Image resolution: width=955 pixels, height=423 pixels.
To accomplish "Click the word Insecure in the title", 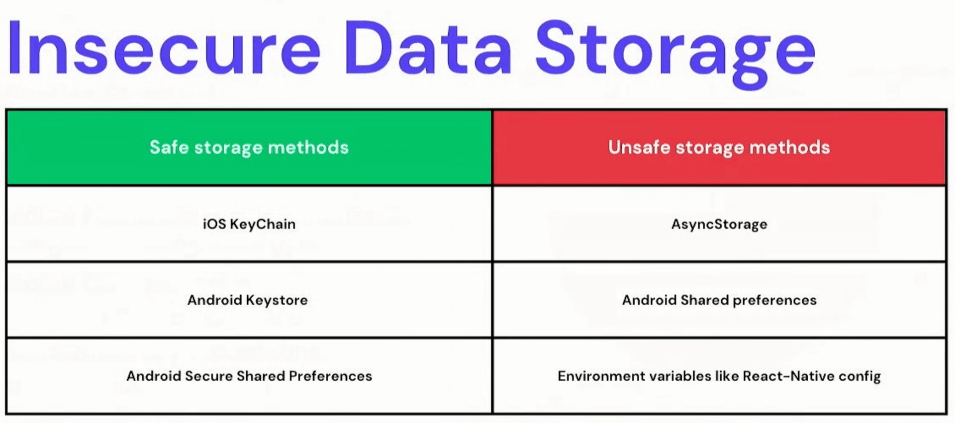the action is pyautogui.click(x=164, y=48).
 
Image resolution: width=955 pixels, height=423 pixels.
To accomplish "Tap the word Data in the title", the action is pyautogui.click(x=428, y=48).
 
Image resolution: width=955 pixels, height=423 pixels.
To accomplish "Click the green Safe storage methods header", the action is pyautogui.click(x=249, y=148).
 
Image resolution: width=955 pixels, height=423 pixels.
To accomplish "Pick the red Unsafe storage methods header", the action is pyautogui.click(x=719, y=148).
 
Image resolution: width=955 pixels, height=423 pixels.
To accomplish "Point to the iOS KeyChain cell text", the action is pyautogui.click(x=249, y=225).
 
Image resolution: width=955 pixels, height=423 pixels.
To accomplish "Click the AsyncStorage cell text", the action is pyautogui.click(x=719, y=225).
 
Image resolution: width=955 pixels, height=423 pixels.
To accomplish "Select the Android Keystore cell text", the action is pyautogui.click(x=248, y=300).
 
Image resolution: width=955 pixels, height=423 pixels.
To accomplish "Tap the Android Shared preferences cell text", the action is pyautogui.click(x=719, y=300).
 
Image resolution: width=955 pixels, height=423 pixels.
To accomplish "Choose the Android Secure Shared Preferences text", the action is pyautogui.click(x=249, y=376).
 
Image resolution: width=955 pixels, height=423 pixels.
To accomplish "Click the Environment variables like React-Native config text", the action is pyautogui.click(x=719, y=376).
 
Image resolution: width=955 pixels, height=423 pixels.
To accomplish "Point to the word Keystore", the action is pyautogui.click(x=277, y=301).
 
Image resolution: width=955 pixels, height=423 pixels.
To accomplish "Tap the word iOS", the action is pyautogui.click(x=214, y=224).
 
